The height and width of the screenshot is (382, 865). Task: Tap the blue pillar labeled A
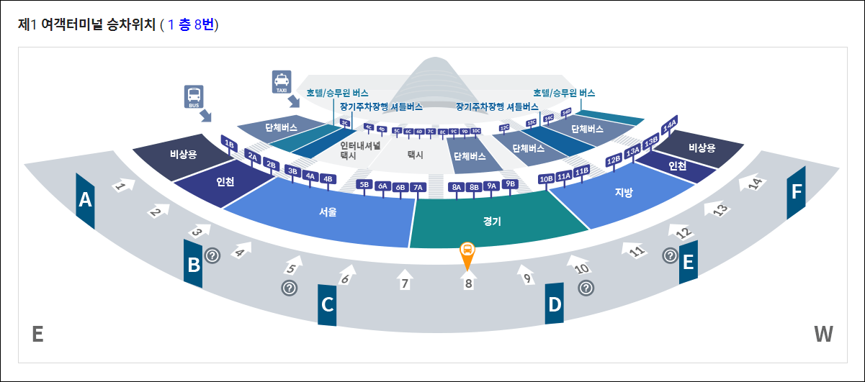click(x=86, y=201)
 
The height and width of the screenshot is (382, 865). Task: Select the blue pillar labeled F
click(x=796, y=192)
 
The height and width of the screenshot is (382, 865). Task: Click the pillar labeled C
click(x=328, y=304)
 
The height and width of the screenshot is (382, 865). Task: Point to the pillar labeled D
click(x=554, y=304)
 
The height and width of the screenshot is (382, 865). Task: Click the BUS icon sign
click(x=194, y=96)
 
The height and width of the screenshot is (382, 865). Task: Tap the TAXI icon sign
click(x=281, y=82)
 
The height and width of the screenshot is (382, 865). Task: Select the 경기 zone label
click(x=493, y=222)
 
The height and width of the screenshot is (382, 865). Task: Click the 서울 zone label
click(x=328, y=212)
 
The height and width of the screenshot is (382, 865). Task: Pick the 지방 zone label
click(x=623, y=193)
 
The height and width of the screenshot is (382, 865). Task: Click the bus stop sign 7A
click(x=418, y=187)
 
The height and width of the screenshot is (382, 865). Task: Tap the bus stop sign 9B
click(x=511, y=184)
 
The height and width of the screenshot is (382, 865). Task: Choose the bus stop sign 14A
click(x=670, y=124)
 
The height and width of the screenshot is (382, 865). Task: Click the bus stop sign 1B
click(x=230, y=143)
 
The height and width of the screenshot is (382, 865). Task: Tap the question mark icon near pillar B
click(x=212, y=255)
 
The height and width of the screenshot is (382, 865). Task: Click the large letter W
click(x=823, y=334)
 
